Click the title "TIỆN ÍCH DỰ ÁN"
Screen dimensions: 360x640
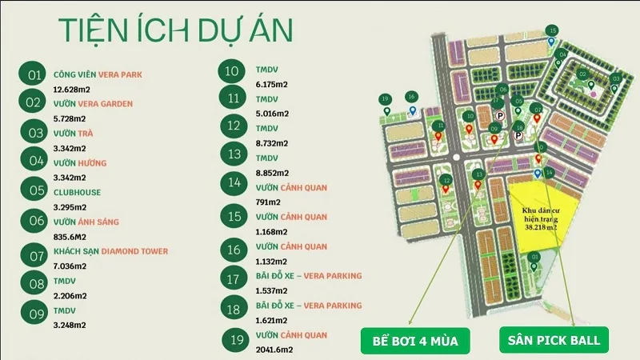(x=175, y=30)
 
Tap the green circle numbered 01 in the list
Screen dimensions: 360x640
(x=34, y=75)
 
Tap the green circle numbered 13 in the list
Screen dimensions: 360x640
(x=234, y=154)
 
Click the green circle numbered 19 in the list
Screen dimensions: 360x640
(x=234, y=340)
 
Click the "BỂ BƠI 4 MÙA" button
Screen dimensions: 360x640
(x=414, y=342)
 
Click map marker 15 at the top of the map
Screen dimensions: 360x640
(x=552, y=31)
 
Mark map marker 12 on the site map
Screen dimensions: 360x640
(x=446, y=181)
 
